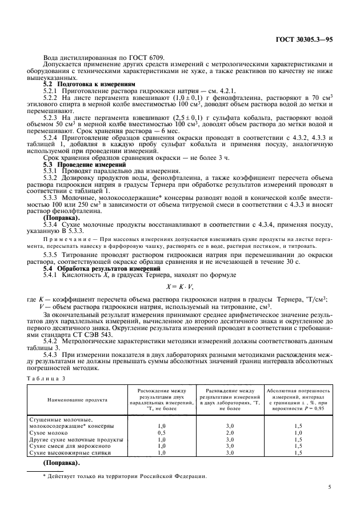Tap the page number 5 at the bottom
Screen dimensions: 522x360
coord(330,487)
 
